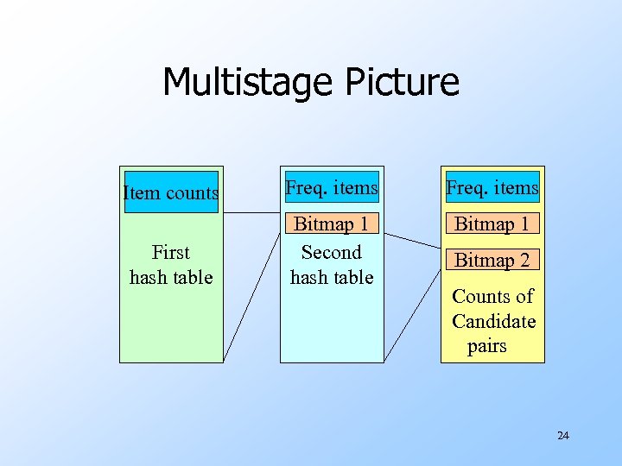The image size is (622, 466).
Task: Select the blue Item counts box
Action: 171,192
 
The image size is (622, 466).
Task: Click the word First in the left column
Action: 170,253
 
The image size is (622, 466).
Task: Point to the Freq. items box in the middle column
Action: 332,186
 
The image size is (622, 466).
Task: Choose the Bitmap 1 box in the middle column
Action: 332,224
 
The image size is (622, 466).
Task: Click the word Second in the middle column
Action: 331,253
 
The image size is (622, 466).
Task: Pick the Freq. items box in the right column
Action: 492,186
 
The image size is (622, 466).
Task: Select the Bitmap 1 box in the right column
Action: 492,224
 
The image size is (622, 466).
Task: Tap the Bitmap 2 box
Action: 492,260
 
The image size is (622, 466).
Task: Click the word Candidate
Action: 493,322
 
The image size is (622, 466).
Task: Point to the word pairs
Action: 487,347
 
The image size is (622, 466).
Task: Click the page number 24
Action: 563,436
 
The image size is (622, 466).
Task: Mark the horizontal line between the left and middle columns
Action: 252,213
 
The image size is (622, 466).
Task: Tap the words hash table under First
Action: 171,278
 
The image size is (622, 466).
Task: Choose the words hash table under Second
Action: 332,278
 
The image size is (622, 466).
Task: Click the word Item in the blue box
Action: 138,192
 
